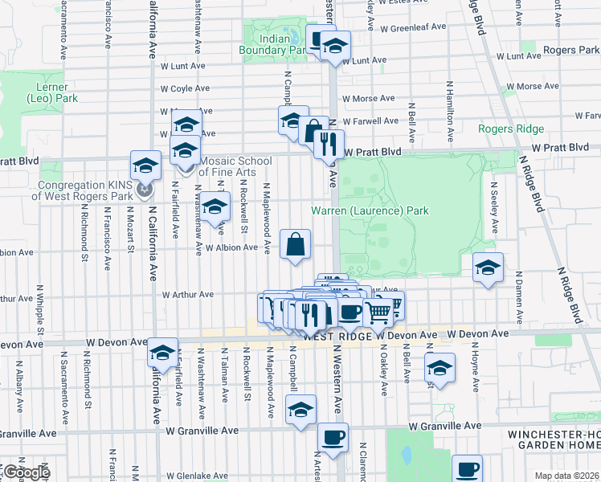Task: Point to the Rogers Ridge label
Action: pyautogui.click(x=510, y=129)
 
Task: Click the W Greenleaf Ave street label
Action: pyautogui.click(x=413, y=27)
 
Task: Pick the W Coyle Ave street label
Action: pyautogui.click(x=185, y=88)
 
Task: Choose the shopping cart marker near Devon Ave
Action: pyautogui.click(x=378, y=310)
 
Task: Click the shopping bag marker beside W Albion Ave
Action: pyautogui.click(x=295, y=243)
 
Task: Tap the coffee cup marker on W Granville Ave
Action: pyautogui.click(x=333, y=437)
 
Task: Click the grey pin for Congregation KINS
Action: pyautogui.click(x=145, y=190)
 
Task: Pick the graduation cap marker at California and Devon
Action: pyautogui.click(x=162, y=353)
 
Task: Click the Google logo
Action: pyautogui.click(x=26, y=472)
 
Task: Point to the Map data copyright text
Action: pyautogui.click(x=566, y=476)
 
